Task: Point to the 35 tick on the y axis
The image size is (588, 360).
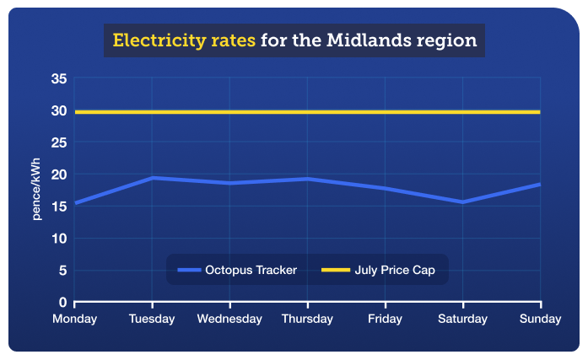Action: [58, 79]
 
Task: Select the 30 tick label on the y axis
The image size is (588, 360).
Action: [58, 110]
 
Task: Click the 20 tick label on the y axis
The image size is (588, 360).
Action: [58, 175]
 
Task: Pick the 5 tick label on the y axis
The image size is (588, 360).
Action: [62, 270]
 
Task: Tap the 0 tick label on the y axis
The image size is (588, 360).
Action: [62, 302]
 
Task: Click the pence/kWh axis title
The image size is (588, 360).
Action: [37, 191]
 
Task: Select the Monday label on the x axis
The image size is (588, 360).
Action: [74, 319]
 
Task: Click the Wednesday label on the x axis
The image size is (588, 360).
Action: [229, 319]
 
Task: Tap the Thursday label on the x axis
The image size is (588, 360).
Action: [307, 319]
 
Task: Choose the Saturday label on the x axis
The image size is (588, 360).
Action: [462, 319]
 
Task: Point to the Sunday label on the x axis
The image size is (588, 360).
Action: [540, 319]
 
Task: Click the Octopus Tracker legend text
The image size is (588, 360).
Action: [251, 270]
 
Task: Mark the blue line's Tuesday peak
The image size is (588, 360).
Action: [152, 178]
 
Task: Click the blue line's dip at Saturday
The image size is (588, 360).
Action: [462, 201]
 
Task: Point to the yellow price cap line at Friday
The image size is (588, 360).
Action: [385, 112]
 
